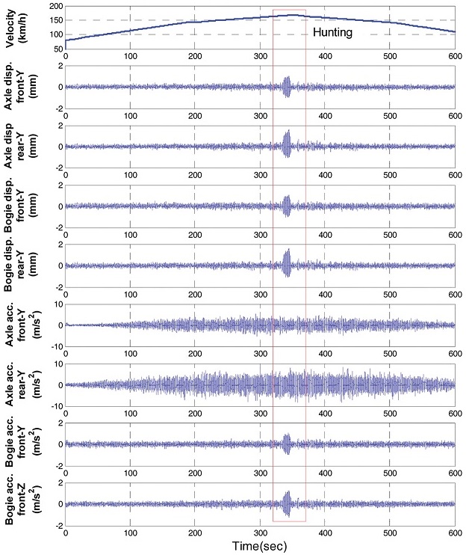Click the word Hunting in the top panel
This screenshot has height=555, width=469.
coord(332,33)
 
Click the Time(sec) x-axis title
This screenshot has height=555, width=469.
coord(260,545)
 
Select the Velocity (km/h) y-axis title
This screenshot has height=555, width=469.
coord(23,27)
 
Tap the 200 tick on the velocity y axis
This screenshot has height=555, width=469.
coord(54,6)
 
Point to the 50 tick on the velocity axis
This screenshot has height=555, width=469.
coord(57,49)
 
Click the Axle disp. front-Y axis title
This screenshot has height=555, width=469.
coord(23,87)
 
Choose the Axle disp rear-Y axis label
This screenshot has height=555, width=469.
coord(23,147)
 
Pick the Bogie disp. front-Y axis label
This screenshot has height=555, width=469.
coord(23,206)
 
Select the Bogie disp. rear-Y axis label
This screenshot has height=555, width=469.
coord(23,266)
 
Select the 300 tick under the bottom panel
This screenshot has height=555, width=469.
coord(260,532)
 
